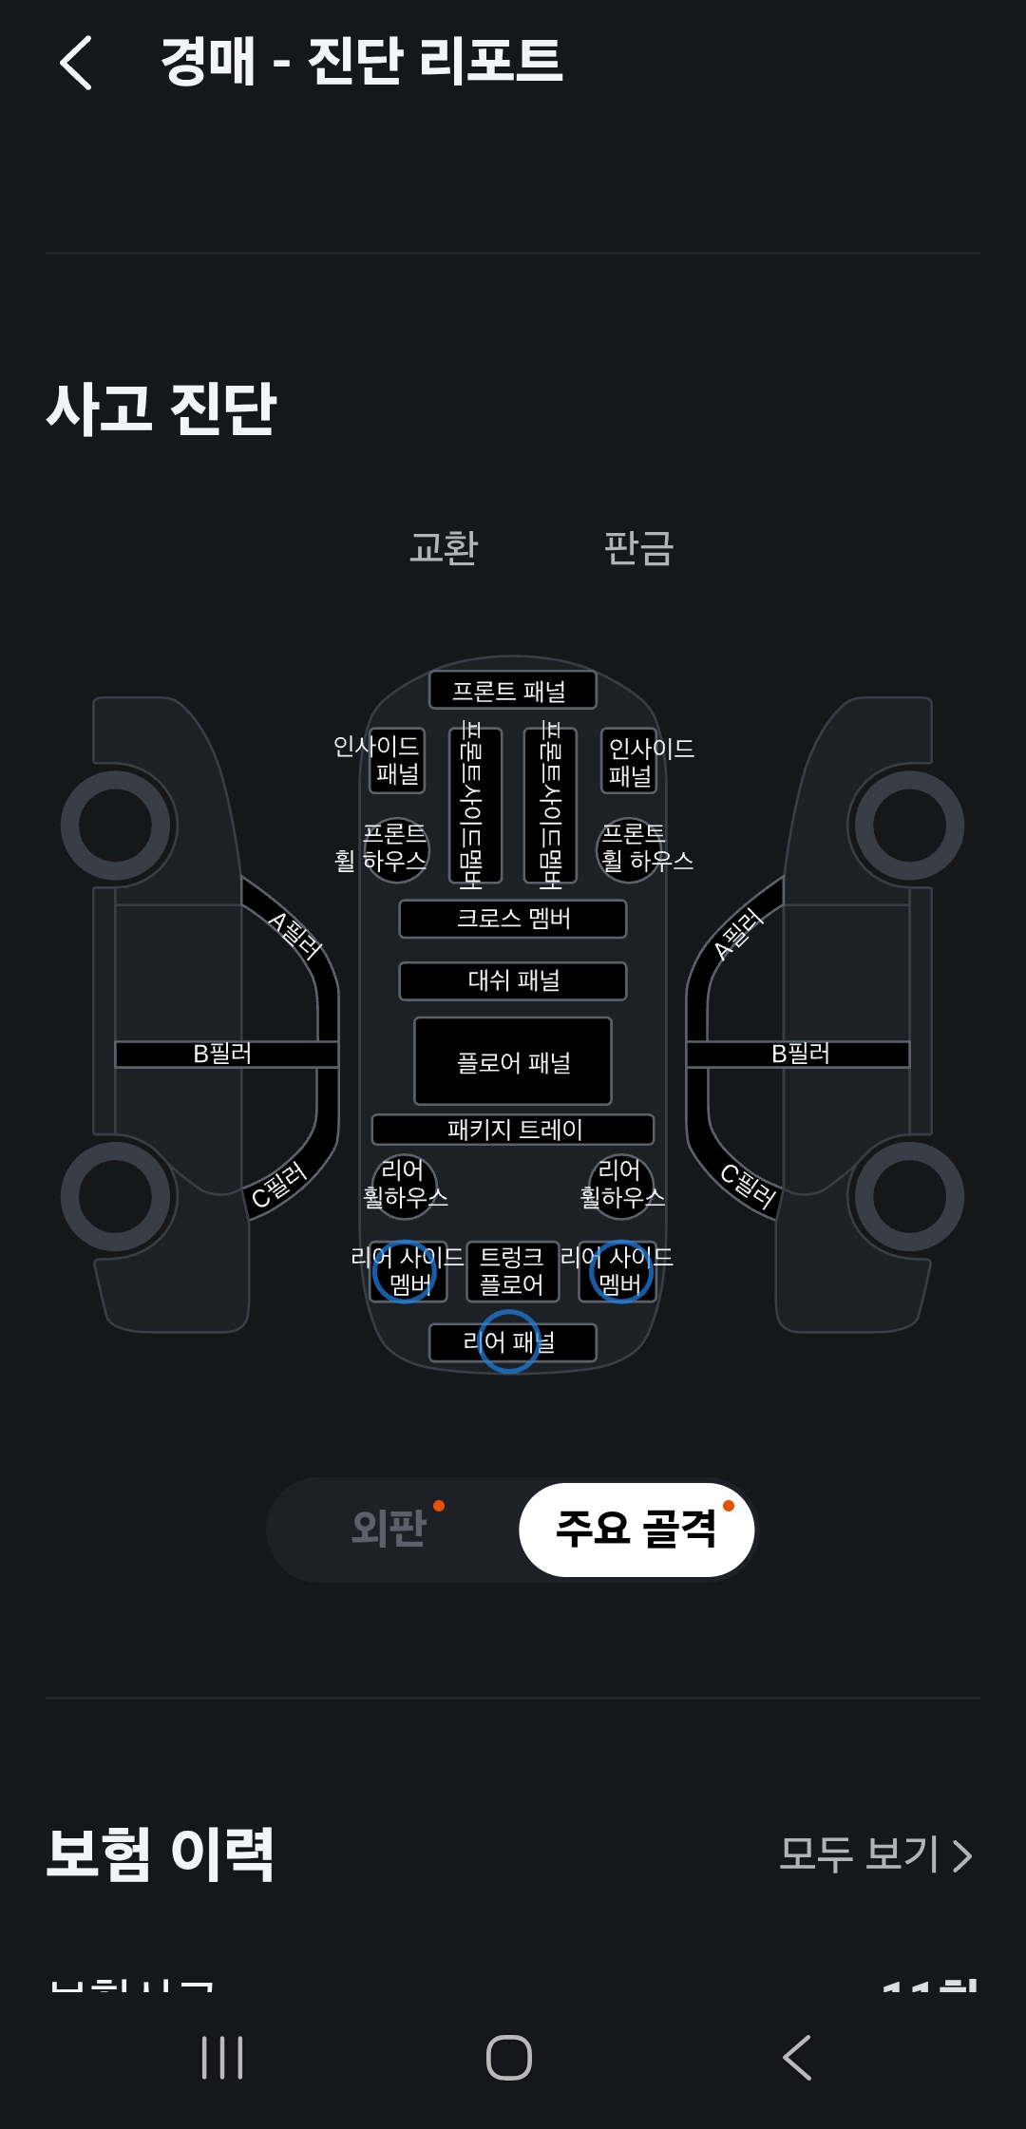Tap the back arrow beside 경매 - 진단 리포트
[x=76, y=63]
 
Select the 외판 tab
[x=389, y=1529]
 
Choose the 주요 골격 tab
[x=636, y=1529]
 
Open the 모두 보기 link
[x=875, y=1853]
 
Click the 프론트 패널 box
[x=512, y=690]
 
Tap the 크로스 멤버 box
[x=512, y=919]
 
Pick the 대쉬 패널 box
[x=512, y=980]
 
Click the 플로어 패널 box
[x=512, y=1061]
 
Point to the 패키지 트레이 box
[x=512, y=1130]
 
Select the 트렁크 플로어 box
[x=512, y=1271]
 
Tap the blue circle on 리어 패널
[x=508, y=1341]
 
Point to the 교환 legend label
[x=444, y=548]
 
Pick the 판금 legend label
[x=638, y=548]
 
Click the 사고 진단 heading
[x=161, y=409]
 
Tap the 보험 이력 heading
[x=161, y=1853]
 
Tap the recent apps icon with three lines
[x=222, y=2058]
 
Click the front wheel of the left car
[x=116, y=825]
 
